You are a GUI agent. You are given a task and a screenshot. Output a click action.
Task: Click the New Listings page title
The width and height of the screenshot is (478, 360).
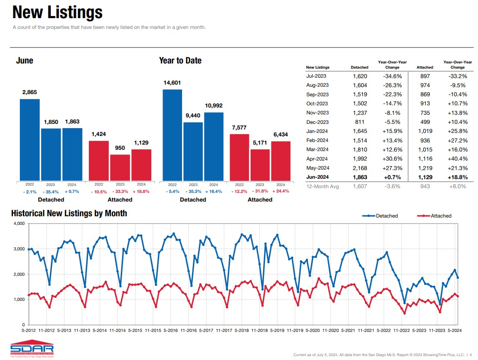[57, 13]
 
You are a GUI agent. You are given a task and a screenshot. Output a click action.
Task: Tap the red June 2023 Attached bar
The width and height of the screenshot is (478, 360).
[120, 167]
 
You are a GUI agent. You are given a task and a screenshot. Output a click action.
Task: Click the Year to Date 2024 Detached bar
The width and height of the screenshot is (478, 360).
[214, 146]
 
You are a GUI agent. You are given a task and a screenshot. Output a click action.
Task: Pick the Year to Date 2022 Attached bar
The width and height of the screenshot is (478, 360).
[239, 157]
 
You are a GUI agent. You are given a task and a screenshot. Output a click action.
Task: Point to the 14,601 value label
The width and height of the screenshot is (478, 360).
[172, 83]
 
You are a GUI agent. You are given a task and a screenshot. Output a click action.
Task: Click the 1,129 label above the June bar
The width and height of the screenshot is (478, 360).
[141, 143]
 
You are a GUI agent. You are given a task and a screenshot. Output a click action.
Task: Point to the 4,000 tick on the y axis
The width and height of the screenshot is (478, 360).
[19, 224]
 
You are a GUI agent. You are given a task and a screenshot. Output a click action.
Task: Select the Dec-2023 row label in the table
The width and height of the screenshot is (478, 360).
[318, 122]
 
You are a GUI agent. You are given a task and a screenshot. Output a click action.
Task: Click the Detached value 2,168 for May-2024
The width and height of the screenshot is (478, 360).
[360, 168]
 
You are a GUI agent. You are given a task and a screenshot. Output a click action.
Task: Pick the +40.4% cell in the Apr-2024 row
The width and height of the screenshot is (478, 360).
[458, 159]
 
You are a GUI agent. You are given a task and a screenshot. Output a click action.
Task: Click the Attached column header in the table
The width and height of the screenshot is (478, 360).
[425, 67]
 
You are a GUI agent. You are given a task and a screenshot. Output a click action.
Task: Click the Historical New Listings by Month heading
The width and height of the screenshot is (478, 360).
[69, 213]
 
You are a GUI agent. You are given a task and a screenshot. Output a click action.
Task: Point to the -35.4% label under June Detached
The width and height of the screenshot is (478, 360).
[51, 191]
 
